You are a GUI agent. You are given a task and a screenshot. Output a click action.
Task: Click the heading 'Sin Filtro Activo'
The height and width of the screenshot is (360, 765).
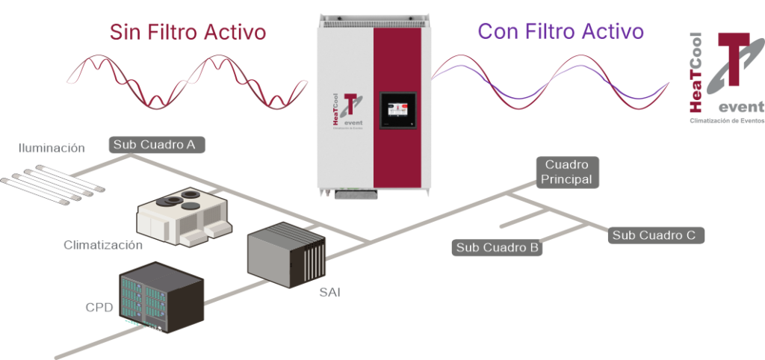click(188, 32)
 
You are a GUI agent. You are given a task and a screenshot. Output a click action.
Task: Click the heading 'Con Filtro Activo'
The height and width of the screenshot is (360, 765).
click(560, 31)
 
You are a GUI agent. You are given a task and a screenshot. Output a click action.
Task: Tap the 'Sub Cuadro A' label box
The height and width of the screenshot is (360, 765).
click(155, 145)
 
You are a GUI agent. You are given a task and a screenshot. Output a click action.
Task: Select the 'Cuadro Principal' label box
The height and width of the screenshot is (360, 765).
click(568, 172)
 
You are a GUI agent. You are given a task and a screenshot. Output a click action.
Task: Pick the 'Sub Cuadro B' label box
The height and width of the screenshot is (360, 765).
click(498, 247)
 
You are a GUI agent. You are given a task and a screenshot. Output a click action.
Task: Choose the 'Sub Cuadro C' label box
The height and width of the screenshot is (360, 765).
click(654, 235)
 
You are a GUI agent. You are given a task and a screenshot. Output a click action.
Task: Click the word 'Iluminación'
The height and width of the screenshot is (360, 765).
click(52, 148)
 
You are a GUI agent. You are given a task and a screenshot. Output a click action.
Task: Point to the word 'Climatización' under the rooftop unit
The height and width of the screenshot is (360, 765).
click(103, 245)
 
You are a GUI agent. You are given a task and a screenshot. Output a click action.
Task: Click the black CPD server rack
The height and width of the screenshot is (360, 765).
click(161, 296)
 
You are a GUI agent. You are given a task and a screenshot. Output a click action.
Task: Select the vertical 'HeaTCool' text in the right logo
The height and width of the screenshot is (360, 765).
click(695, 74)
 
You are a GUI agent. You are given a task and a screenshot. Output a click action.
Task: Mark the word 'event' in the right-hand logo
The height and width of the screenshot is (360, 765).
click(740, 105)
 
